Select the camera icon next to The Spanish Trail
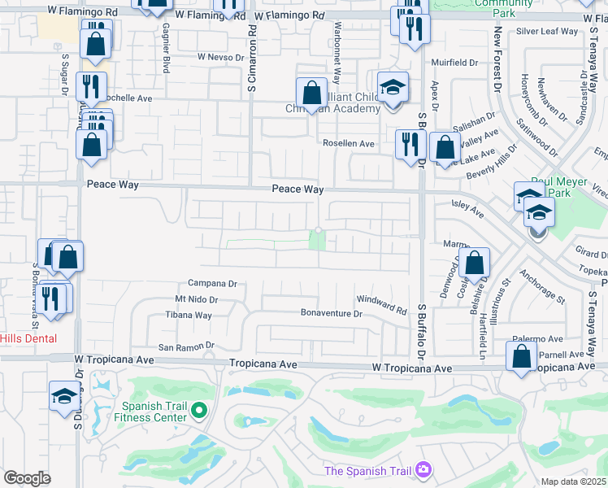[x=423, y=469]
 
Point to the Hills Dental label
[x=28, y=338]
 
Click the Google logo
[x=28, y=478]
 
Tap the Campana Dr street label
[x=211, y=284]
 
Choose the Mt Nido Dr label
[x=198, y=299]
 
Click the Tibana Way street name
[x=189, y=315]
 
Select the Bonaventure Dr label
[x=331, y=312]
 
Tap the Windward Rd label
[x=380, y=305]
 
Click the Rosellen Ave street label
[x=348, y=143]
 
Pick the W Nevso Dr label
[x=221, y=58]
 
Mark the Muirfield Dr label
[x=454, y=62]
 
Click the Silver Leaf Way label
[x=547, y=32]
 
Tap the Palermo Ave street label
[x=537, y=339]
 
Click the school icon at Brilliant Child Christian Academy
[x=393, y=86]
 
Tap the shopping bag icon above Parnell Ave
[x=521, y=355]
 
